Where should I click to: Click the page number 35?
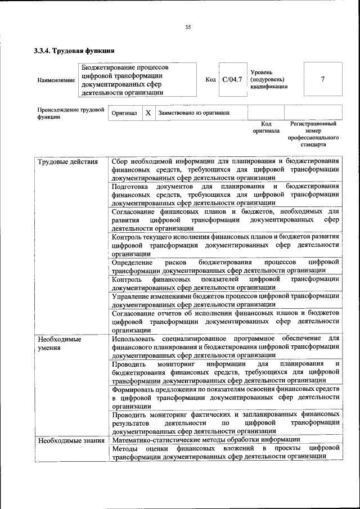tap(188, 26)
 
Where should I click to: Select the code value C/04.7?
tap(232, 79)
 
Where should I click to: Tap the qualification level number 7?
tap(322, 79)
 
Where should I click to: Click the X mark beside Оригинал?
tap(148, 112)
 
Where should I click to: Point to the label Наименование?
tap(56, 80)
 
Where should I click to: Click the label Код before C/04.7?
tap(211, 80)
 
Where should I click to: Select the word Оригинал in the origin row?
tap(124, 113)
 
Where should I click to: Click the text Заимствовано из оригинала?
tap(193, 112)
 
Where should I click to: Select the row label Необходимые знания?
tap(71, 440)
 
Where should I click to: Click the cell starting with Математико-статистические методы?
tap(206, 440)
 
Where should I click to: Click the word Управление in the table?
tap(133, 296)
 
